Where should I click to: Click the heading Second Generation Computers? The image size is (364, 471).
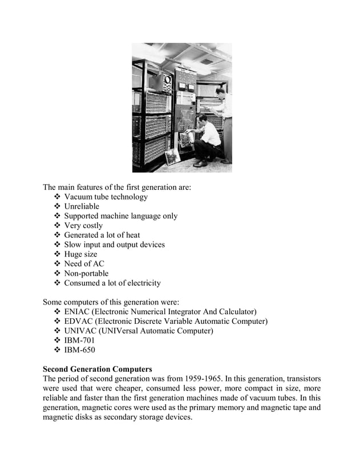98,369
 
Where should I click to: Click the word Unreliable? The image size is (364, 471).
82,206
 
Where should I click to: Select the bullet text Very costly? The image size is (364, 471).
83,226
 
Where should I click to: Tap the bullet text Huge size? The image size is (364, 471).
80,254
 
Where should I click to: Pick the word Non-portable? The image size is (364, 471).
86,273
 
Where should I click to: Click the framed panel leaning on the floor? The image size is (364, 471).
172,156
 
